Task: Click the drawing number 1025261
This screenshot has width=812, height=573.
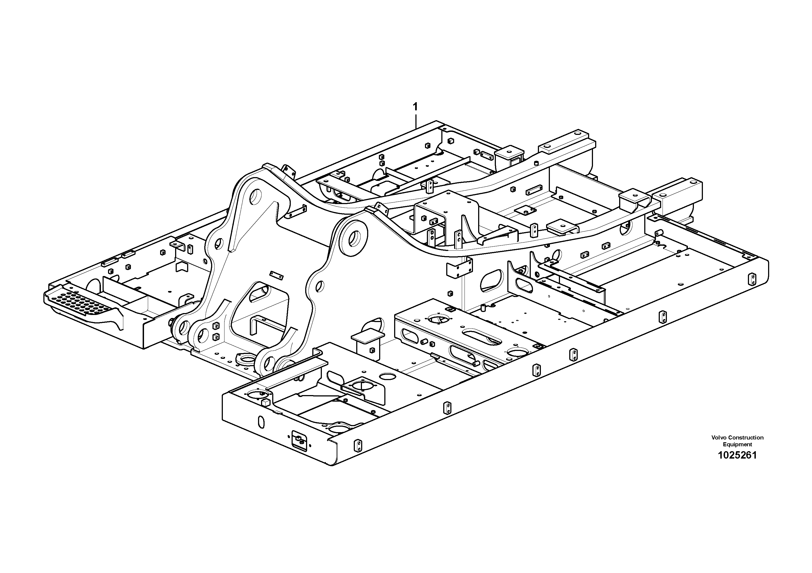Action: pos(737,455)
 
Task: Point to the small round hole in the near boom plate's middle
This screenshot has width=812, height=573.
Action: pos(319,286)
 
